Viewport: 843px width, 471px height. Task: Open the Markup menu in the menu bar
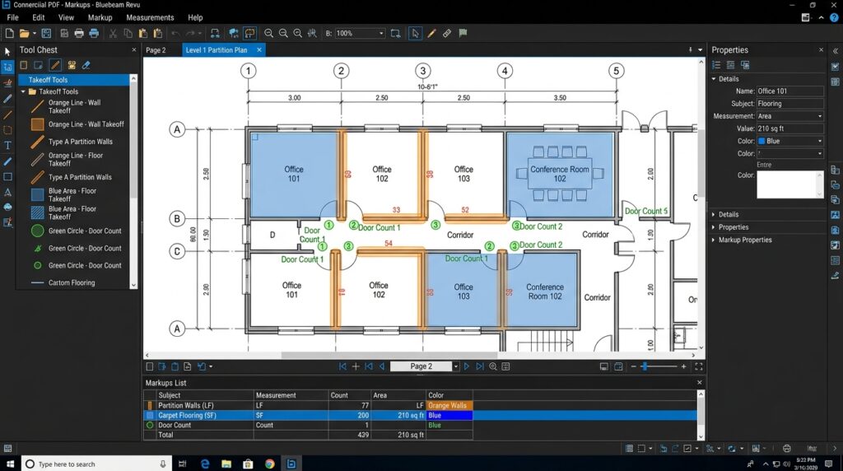click(x=100, y=17)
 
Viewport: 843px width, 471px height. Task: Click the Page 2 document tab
click(x=156, y=50)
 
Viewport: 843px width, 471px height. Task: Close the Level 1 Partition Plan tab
click(x=258, y=50)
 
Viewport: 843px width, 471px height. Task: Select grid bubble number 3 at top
click(x=422, y=71)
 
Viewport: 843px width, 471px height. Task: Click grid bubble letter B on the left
click(x=176, y=219)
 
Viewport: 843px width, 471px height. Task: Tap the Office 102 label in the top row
click(x=381, y=174)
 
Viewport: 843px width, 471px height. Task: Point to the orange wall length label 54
click(x=389, y=244)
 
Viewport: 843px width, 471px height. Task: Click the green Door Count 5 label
click(x=645, y=212)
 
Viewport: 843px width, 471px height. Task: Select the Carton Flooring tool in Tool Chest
click(x=72, y=282)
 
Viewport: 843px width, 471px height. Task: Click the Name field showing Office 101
click(x=789, y=91)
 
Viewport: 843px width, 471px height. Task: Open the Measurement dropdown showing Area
click(x=789, y=116)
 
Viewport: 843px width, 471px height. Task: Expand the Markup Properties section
click(x=745, y=240)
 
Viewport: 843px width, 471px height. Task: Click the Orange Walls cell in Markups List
click(x=449, y=405)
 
